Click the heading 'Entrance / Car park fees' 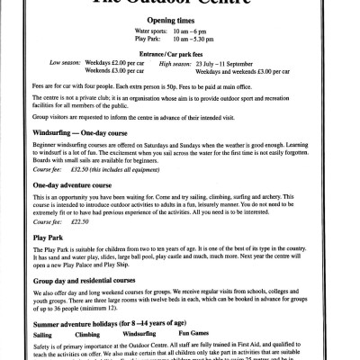(179, 79)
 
